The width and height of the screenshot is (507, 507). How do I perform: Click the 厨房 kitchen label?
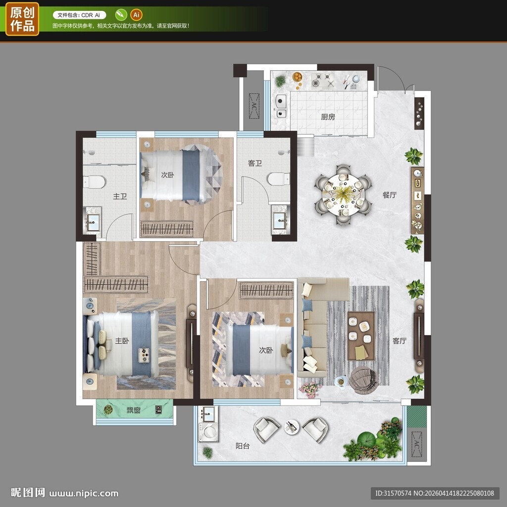(x=328, y=117)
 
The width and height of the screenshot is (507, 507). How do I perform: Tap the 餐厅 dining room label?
(x=389, y=195)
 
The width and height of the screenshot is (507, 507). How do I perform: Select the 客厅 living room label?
(x=400, y=341)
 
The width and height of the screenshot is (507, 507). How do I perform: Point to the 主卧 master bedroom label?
(x=122, y=341)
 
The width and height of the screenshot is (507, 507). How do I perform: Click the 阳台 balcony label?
(x=243, y=446)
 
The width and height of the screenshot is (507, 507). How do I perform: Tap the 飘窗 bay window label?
(x=133, y=410)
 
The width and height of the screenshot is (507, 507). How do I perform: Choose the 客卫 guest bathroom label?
(x=255, y=163)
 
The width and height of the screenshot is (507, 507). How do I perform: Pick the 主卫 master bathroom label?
(x=120, y=196)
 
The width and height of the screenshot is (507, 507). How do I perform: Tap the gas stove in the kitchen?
(x=323, y=81)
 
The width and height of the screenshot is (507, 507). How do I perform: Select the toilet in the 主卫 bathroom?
(x=94, y=182)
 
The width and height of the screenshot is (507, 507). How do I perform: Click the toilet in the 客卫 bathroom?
(x=278, y=179)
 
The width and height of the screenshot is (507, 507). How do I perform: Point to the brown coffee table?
(x=361, y=336)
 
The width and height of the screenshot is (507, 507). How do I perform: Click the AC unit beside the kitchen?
(x=254, y=106)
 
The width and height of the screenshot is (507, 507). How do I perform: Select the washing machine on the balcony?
(x=208, y=432)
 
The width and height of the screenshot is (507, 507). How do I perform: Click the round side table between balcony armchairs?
(x=292, y=427)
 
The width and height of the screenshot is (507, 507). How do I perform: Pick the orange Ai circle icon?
(x=136, y=15)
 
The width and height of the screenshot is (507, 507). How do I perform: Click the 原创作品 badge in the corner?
(x=22, y=19)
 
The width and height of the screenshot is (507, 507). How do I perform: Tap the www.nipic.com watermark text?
(x=84, y=494)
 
